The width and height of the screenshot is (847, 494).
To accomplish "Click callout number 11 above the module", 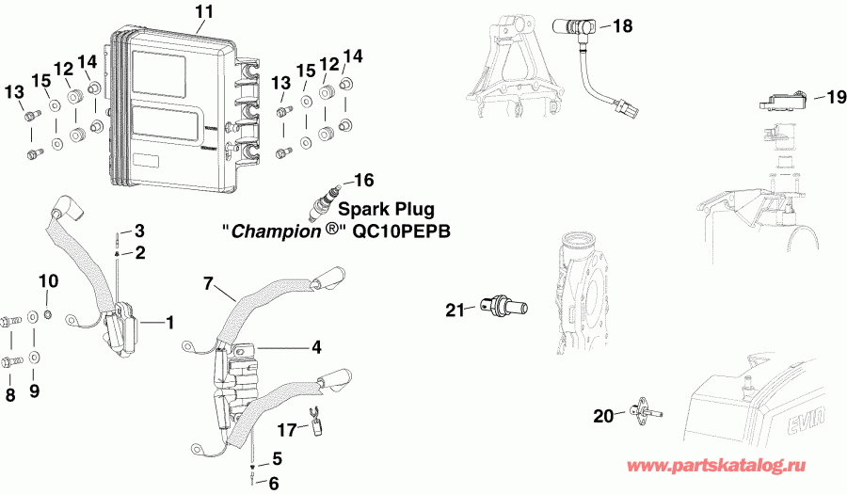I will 204,11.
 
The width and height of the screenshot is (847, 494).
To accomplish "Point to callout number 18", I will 623,25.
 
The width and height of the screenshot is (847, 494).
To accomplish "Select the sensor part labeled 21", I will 505,305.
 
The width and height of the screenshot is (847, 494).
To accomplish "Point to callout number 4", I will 316,347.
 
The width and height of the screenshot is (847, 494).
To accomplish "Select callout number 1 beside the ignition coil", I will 170,323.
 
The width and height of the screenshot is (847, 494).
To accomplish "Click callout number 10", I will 48,281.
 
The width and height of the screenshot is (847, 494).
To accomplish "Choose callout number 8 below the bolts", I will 11,395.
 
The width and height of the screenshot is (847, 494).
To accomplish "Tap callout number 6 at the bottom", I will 274,484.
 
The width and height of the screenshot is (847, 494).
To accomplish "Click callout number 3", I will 139,231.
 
